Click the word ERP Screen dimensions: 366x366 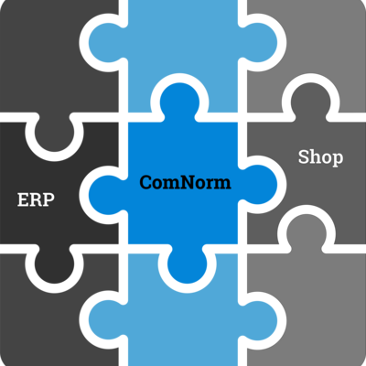point(36,199)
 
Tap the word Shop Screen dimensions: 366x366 point(320,157)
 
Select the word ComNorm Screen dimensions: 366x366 point(185,182)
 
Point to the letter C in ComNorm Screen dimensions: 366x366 point(146,182)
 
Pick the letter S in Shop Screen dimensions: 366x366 point(303,157)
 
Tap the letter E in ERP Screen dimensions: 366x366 point(23,200)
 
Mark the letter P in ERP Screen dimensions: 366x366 point(49,200)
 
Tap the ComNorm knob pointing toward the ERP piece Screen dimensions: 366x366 point(108,195)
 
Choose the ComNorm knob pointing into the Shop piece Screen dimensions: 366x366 point(258,185)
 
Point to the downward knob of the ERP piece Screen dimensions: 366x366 point(54,264)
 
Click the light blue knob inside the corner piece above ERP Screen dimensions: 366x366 point(108,43)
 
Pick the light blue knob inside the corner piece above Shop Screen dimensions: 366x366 point(258,43)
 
